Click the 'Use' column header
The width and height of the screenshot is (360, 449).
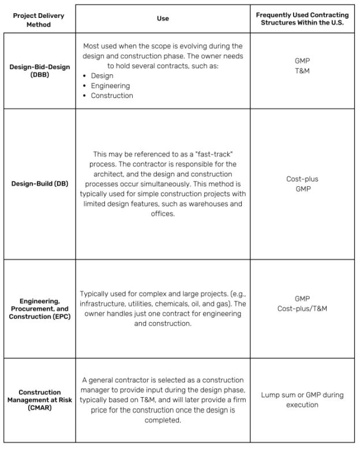[163, 18]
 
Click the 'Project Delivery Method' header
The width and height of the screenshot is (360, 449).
[39, 20]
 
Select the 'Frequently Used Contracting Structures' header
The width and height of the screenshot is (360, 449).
[302, 18]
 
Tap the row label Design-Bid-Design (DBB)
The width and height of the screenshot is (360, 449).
[39, 71]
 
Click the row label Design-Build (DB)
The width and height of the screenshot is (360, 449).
[39, 184]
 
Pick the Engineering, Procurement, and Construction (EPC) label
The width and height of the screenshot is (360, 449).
[39, 309]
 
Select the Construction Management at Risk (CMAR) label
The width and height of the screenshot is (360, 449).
[39, 400]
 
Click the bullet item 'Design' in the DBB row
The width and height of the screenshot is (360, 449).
[102, 76]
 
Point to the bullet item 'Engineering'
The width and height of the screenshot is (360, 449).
[110, 86]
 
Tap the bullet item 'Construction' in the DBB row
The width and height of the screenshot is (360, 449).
[112, 96]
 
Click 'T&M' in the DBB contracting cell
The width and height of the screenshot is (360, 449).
[302, 71]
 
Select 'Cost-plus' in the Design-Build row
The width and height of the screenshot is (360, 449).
[302, 179]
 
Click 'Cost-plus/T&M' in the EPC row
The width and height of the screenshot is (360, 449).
[302, 308]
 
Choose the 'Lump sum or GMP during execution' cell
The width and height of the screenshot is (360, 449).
[302, 399]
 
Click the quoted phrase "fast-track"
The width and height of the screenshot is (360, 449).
[214, 154]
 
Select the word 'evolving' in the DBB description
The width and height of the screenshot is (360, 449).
[205, 46]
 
